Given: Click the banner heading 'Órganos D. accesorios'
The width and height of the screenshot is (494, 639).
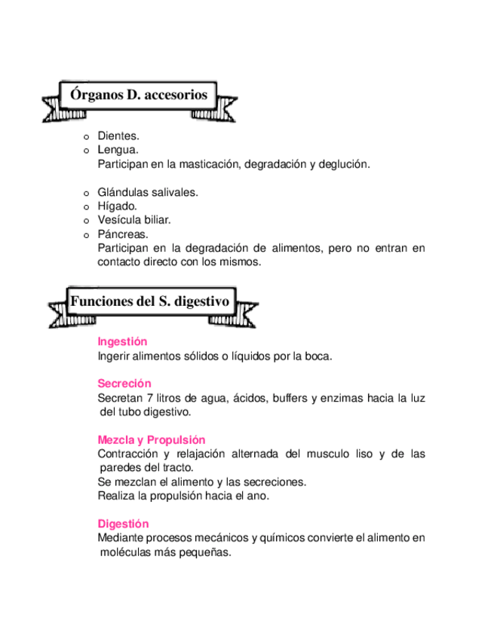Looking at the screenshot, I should (139, 95).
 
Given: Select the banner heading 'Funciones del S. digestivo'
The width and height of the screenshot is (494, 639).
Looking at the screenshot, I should (149, 301).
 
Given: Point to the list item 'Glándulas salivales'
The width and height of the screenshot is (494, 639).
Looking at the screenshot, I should (148, 192).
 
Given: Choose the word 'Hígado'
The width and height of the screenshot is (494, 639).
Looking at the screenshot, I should (117, 206).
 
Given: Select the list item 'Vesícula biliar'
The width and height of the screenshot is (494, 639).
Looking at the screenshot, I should (134, 220).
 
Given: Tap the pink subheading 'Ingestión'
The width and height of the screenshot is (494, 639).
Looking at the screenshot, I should (122, 341).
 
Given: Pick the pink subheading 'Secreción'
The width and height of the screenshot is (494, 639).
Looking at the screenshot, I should (124, 384).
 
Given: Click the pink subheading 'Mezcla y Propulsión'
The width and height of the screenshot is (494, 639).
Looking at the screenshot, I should (151, 440).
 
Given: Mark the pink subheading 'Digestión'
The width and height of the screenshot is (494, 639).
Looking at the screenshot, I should (123, 524).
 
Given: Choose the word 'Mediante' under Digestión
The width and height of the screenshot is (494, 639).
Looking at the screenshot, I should (119, 538).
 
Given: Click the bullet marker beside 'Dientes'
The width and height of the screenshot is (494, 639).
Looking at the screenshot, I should (86, 137).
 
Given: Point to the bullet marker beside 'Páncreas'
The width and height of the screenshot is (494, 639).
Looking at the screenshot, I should (86, 235).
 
